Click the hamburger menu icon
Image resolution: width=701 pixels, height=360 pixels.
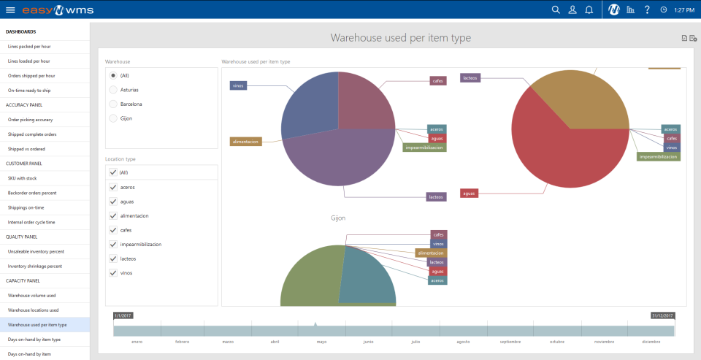coord(10,9)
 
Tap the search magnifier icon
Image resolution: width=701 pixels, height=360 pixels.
coord(556,9)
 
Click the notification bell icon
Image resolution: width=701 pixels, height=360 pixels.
coord(589,9)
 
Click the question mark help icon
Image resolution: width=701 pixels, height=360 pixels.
coord(646,9)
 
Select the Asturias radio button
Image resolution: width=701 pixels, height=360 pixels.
coord(112,90)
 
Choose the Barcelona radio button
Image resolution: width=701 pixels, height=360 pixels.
coord(112,104)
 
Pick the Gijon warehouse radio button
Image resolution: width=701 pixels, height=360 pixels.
coord(112,118)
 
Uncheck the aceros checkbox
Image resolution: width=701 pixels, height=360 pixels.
coord(112,187)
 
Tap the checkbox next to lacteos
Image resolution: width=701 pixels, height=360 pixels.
coord(112,258)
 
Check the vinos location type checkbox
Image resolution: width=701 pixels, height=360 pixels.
coord(112,273)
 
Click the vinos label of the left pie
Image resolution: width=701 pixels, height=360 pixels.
coord(238,85)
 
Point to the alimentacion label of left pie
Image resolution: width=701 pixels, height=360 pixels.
coord(245,142)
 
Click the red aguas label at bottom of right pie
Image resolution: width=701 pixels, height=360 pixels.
coord(469,194)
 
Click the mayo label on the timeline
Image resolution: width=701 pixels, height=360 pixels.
coord(321,342)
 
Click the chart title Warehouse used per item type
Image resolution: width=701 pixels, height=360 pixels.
coord(400,38)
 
